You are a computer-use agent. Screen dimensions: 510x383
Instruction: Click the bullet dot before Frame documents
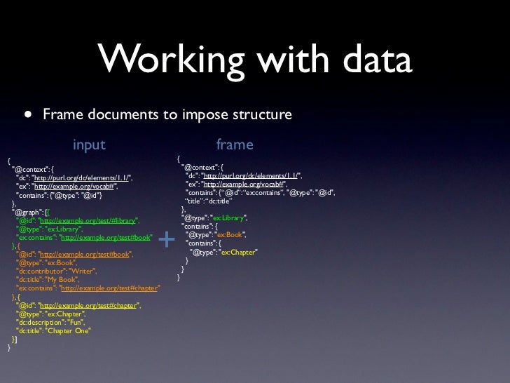click(x=27, y=114)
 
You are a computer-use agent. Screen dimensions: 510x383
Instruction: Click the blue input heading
click(x=89, y=145)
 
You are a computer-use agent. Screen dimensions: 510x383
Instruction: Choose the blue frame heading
click(x=235, y=145)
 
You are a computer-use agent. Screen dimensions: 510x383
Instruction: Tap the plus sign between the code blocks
click(x=167, y=240)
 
